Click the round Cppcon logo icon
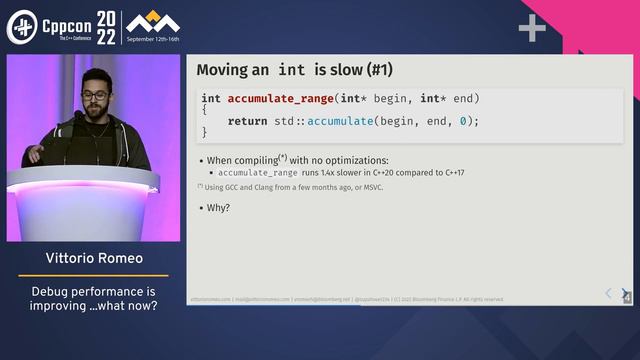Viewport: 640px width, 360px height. tap(22, 27)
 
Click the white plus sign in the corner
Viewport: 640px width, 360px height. tap(532, 28)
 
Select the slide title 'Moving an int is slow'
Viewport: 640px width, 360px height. tap(294, 70)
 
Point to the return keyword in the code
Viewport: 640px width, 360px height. tap(247, 121)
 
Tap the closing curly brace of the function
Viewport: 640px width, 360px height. tap(204, 132)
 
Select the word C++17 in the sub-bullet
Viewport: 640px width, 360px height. tap(450, 172)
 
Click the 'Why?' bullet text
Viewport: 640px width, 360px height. tap(219, 208)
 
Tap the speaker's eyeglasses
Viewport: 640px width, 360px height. tap(96, 96)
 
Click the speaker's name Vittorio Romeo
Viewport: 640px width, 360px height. tap(94, 258)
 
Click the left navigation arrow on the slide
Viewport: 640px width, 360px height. tap(608, 293)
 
